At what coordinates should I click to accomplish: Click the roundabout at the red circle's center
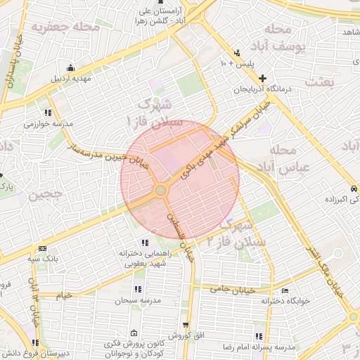(160, 190)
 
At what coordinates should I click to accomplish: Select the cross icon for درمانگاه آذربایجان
(262, 78)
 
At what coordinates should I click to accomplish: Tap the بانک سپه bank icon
(44, 248)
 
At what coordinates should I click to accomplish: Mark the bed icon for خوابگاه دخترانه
(284, 290)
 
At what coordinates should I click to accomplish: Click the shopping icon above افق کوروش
(186, 325)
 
